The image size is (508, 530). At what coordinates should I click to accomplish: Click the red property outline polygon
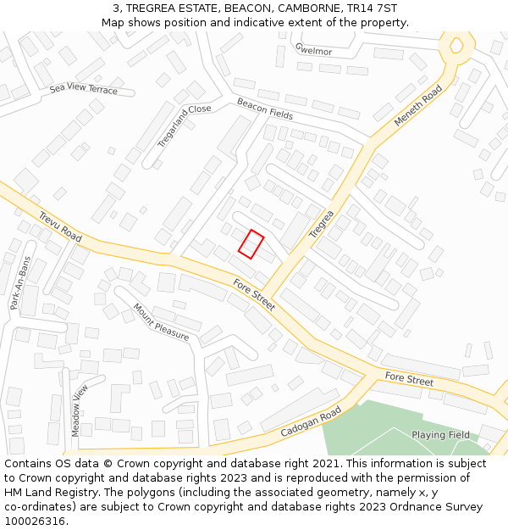pos(251,243)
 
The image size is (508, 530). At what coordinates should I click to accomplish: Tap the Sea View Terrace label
pos(84,89)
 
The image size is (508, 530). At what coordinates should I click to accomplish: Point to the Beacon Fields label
pos(265,109)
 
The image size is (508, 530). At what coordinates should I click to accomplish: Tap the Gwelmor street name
pos(313,50)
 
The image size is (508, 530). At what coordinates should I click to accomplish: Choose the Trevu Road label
pos(59,226)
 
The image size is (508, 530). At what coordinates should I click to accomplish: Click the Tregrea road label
pos(322,222)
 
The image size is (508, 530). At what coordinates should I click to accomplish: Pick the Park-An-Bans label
pos(19,283)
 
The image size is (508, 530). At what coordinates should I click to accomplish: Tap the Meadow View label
pos(80,410)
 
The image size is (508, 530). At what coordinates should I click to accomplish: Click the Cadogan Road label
pos(311,421)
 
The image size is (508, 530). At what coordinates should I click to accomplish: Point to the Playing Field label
pos(440,435)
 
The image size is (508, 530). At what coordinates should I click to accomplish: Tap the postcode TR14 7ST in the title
pos(374,8)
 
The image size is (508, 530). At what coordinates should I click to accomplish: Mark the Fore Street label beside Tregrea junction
pos(254,295)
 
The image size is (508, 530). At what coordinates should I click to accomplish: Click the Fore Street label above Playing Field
pos(409,379)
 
